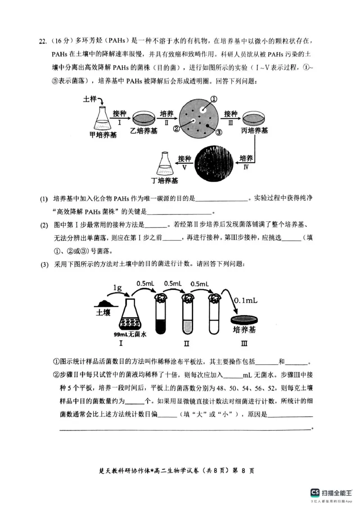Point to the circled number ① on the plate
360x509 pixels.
click(214, 99)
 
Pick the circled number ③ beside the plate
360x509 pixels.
click(219, 133)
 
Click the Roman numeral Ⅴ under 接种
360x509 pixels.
click(184, 167)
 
